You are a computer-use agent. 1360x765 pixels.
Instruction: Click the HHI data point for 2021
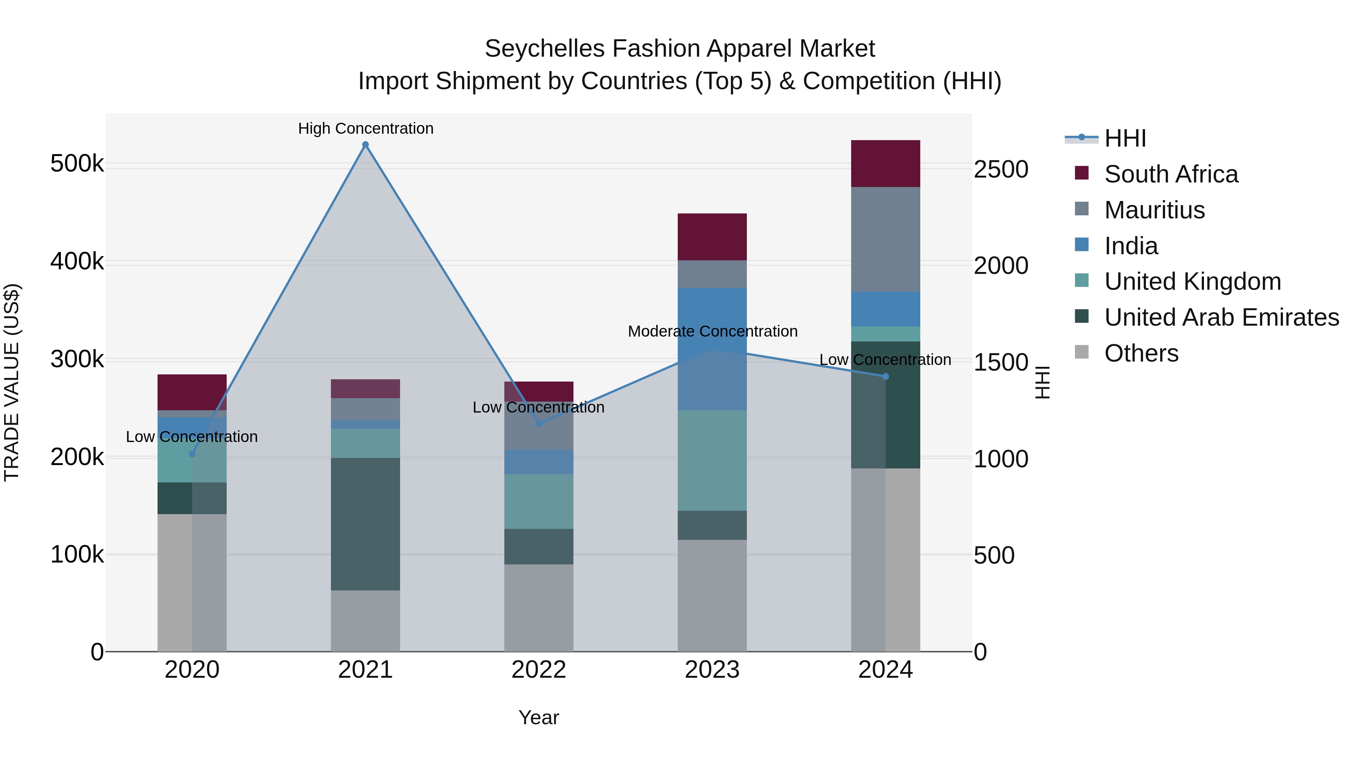(x=365, y=145)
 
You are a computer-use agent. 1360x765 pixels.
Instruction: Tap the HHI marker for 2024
(x=886, y=376)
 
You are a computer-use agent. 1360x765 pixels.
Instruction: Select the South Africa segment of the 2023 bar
(x=712, y=236)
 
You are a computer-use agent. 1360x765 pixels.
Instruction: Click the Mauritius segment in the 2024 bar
(x=886, y=239)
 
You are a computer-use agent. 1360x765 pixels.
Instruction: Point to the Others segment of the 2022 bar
(x=538, y=608)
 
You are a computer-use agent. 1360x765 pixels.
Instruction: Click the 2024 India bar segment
(x=886, y=309)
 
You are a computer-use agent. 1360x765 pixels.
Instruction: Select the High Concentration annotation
(x=365, y=128)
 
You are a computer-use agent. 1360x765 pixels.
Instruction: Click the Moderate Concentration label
(x=712, y=332)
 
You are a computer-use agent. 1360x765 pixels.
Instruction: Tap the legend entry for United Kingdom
(x=1192, y=281)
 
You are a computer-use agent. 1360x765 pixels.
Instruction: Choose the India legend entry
(x=1130, y=246)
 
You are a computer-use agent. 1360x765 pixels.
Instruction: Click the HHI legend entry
(x=1125, y=138)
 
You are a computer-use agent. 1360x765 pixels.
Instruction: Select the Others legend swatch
(x=1081, y=352)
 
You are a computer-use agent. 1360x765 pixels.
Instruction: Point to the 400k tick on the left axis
(x=77, y=261)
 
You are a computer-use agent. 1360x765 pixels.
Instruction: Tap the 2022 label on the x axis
(x=538, y=670)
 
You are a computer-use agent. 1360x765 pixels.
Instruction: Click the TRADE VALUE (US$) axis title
(x=12, y=382)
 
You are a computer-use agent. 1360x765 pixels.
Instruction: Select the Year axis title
(x=538, y=717)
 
